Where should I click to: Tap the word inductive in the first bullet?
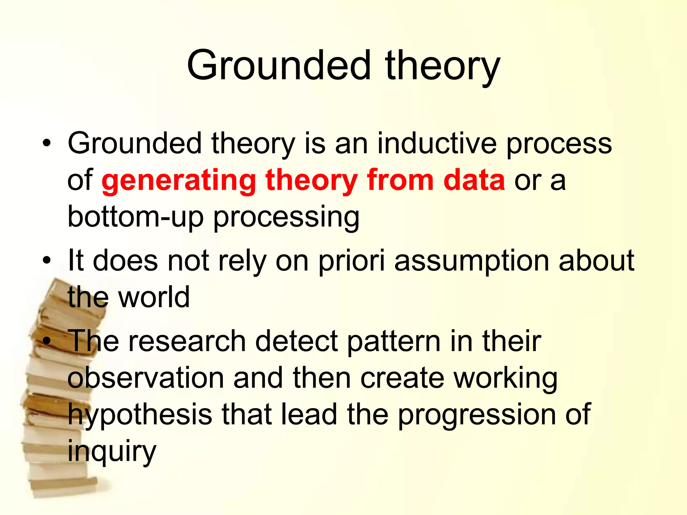click(x=437, y=144)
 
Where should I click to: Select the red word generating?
click(x=179, y=181)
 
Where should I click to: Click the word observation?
click(x=146, y=378)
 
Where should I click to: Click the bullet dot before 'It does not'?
click(x=47, y=261)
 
